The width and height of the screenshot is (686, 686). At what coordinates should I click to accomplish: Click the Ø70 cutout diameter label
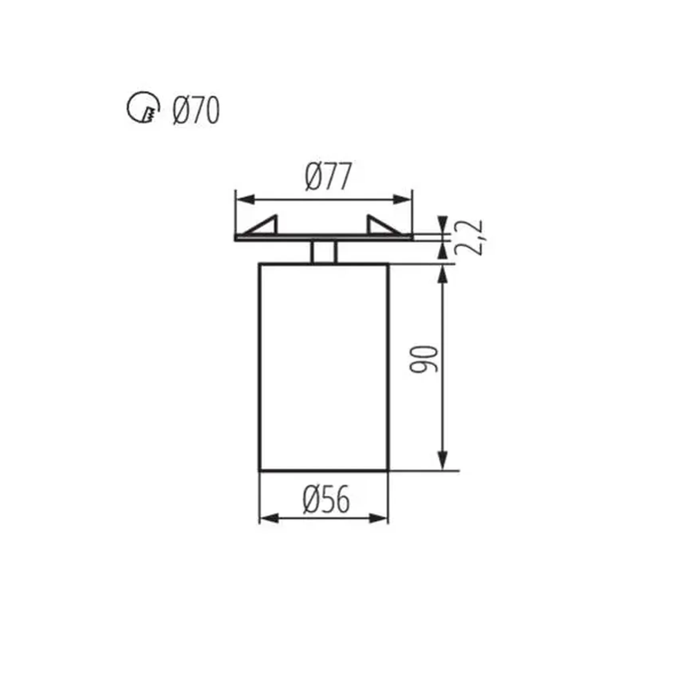[x=196, y=111]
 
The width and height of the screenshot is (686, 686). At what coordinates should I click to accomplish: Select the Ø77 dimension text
[x=328, y=176]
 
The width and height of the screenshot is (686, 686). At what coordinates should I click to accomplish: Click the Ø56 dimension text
[x=326, y=499]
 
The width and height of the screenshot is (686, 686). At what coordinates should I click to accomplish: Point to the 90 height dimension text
[x=424, y=359]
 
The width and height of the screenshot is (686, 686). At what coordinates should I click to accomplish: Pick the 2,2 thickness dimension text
[x=469, y=238]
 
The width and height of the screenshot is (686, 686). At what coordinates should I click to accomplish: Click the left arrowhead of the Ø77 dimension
[x=245, y=199]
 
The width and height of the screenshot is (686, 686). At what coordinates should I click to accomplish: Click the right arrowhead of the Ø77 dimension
[x=403, y=199]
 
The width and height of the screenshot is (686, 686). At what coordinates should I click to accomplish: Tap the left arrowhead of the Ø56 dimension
[x=269, y=518]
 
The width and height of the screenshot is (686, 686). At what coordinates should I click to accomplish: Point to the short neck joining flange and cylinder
[x=324, y=252]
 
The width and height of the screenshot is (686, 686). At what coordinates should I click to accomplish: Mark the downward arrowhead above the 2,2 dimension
[x=442, y=223]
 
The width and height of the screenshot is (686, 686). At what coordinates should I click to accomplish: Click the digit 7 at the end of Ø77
[x=343, y=176]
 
